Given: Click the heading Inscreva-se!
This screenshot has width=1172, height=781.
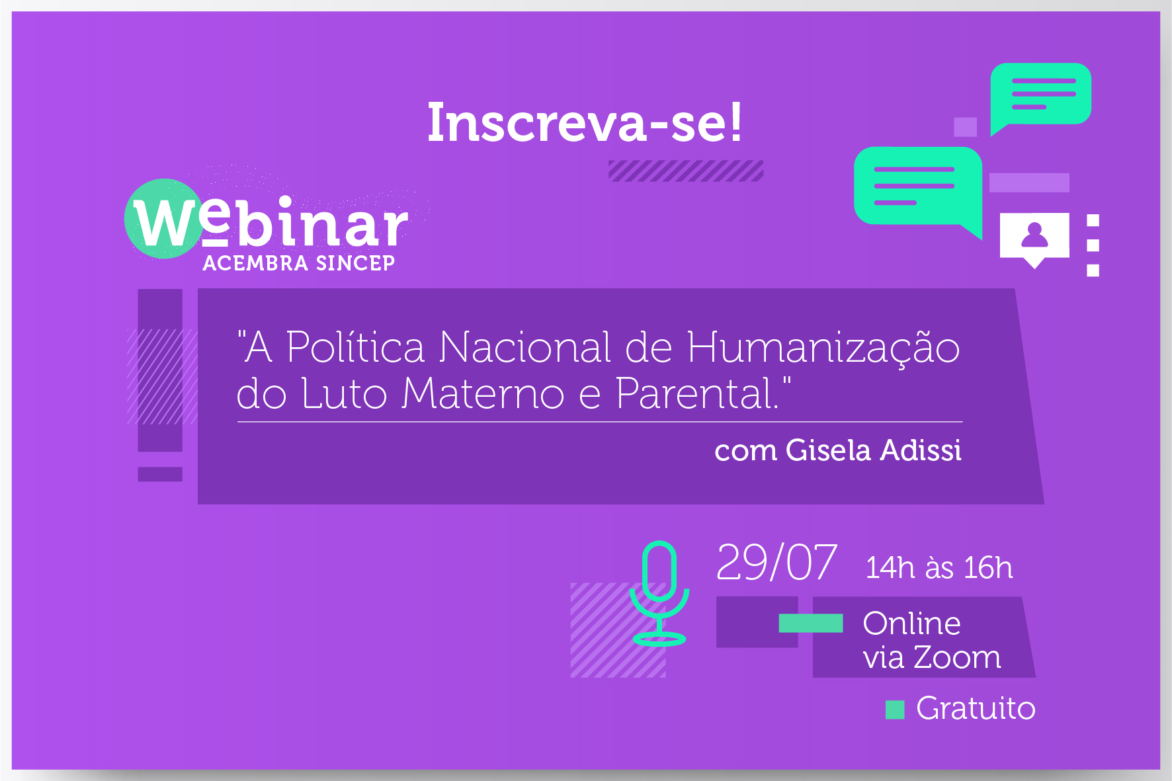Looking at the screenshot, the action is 585,122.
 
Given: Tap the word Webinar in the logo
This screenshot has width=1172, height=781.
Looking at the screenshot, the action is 271,222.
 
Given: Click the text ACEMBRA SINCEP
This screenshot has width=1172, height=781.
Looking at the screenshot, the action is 299,263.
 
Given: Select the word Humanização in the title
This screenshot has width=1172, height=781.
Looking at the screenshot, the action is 823,348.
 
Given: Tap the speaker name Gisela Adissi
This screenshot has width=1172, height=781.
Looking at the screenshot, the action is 874,450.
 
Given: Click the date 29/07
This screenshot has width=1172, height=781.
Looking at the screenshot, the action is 776,563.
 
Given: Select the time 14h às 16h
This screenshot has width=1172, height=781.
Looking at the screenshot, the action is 939,567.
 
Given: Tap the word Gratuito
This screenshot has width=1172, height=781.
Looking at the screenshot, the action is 976,708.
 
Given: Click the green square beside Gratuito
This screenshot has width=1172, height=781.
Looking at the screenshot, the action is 895,710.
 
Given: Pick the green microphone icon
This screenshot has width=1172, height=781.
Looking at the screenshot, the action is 659,593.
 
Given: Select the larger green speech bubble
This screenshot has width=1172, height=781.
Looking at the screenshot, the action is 918,188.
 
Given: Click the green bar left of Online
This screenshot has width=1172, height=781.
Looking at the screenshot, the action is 811,623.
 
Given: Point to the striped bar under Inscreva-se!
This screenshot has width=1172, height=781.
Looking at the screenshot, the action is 686,171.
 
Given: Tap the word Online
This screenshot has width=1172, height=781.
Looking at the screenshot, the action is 911,623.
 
